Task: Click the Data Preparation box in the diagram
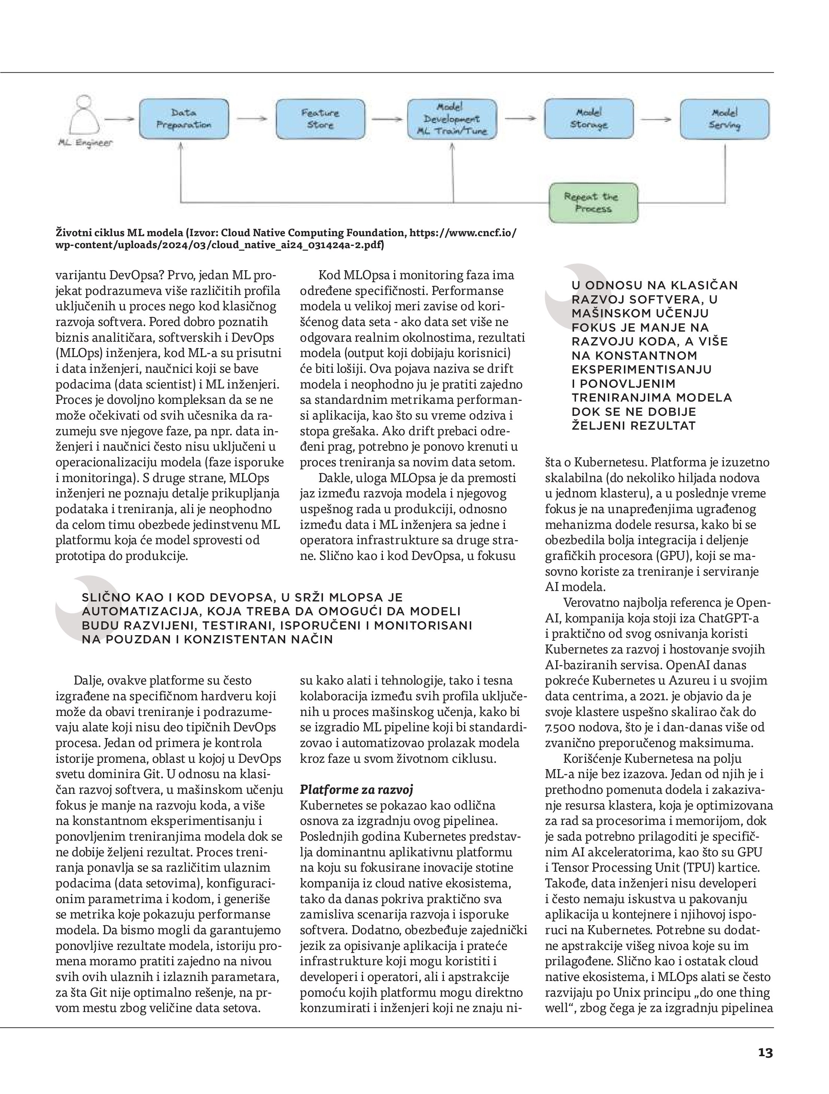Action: click(x=184, y=119)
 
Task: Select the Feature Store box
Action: click(x=320, y=119)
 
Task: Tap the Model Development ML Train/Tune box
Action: click(x=452, y=119)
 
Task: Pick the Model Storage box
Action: click(x=589, y=119)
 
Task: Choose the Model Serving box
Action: click(x=725, y=119)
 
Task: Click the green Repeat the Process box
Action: click(x=594, y=202)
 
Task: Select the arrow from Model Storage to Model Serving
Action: click(x=656, y=119)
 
